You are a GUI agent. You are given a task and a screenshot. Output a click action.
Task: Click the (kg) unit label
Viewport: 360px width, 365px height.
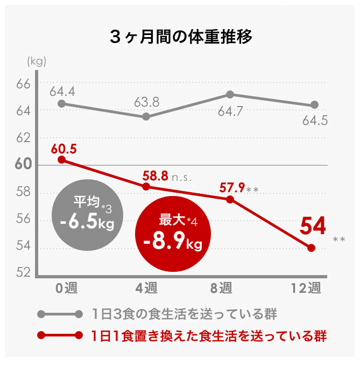[37, 61]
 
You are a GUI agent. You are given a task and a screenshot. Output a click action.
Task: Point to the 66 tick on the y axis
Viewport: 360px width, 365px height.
[23, 83]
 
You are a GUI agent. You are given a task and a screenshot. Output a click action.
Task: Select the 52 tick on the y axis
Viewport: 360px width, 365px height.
[23, 273]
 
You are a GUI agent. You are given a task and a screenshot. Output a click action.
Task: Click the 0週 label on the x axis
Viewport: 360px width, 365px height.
[67, 289]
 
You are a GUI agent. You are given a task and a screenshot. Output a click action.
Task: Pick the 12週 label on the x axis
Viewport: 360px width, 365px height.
[309, 289]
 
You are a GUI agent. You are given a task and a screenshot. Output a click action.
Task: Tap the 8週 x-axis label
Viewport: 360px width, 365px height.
[221, 289]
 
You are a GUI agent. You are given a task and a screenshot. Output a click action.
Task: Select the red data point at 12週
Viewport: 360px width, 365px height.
[311, 248]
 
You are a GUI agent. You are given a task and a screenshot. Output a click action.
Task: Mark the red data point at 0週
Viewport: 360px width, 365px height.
[61, 159]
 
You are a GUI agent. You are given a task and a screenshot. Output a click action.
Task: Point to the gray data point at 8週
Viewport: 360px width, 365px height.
[230, 95]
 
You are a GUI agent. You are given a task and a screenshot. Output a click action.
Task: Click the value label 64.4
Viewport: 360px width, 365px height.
[62, 91]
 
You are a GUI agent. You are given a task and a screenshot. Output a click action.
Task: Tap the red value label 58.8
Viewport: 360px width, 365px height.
[155, 176]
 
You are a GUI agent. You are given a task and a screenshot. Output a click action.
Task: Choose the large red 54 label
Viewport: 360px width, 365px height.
[312, 227]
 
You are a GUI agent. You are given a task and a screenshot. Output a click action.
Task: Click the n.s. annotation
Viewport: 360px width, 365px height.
[182, 176]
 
